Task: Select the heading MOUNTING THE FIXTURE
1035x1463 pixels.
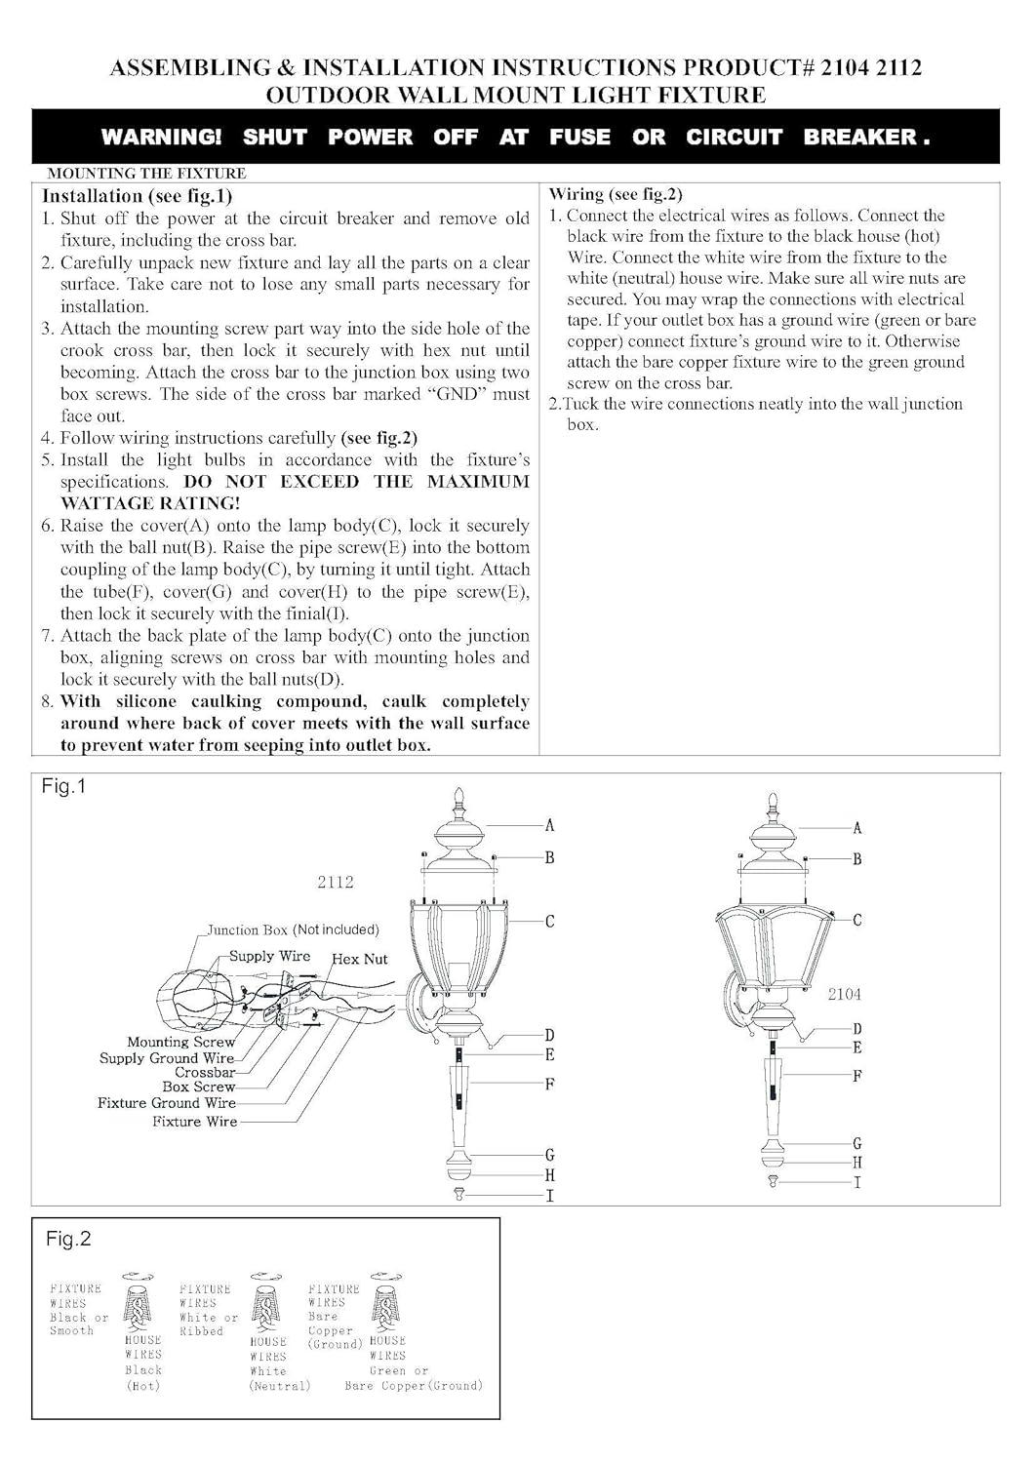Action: pos(146,174)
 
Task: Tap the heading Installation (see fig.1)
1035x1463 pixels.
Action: pos(137,195)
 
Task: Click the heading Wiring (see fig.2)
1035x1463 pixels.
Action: pos(616,194)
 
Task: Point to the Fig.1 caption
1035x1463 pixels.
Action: pos(63,786)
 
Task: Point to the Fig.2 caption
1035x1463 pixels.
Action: pos(68,1239)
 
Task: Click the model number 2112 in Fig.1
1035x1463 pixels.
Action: pos(335,882)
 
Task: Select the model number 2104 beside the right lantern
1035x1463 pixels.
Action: pos(844,995)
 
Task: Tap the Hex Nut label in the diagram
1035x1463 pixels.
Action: pos(360,959)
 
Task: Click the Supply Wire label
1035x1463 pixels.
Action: pos(269,956)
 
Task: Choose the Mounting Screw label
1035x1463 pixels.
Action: pos(180,1043)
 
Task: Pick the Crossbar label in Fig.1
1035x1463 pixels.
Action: pos(205,1072)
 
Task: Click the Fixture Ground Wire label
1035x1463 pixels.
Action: pos(166,1103)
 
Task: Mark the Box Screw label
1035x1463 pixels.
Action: pos(198,1087)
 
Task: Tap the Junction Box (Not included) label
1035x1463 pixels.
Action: pos(293,929)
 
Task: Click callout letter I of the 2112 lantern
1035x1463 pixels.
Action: pos(549,1195)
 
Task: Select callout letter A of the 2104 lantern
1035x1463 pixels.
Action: pos(856,828)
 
